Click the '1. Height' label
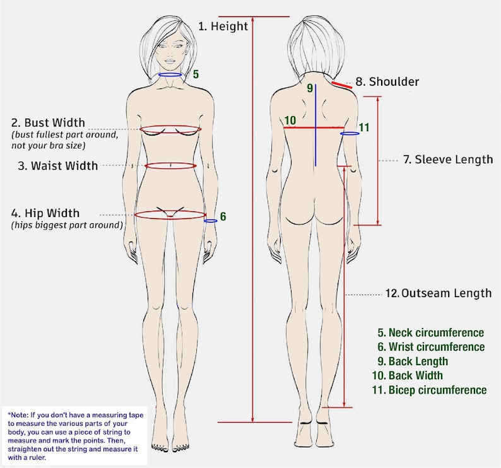pyautogui.click(x=223, y=26)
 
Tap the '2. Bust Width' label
pyautogui.click(x=48, y=122)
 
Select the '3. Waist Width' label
pyautogui.click(x=58, y=166)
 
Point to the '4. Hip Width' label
pyautogui.click(x=45, y=213)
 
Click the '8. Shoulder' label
pyautogui.click(x=387, y=81)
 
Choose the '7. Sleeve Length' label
pyautogui.click(x=448, y=160)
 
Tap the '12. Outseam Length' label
pyautogui.click(x=439, y=293)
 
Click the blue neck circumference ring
pyautogui.click(x=170, y=73)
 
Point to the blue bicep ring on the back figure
pyautogui.click(x=350, y=132)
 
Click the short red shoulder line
pyautogui.click(x=342, y=85)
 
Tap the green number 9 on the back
pyautogui.click(x=310, y=88)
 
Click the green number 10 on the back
pyautogui.click(x=290, y=120)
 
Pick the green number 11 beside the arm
pyautogui.click(x=364, y=127)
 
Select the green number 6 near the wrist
pyautogui.click(x=223, y=216)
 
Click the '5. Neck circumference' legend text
pyautogui.click(x=431, y=332)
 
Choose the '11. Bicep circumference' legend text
pyautogui.click(x=430, y=390)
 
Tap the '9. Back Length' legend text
pyautogui.click(x=413, y=361)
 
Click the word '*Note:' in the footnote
pyautogui.click(x=18, y=415)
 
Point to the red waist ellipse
pyautogui.click(x=170, y=163)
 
